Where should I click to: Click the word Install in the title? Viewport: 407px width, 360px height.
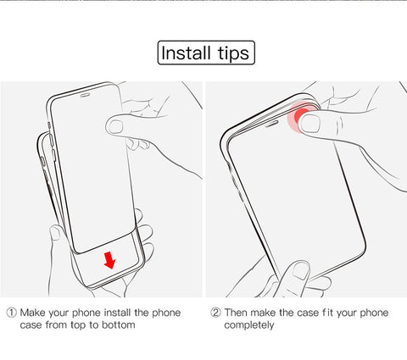pos(186,53)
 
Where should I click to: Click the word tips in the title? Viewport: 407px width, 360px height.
pos(233,53)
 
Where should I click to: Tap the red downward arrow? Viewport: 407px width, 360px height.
pos(109,260)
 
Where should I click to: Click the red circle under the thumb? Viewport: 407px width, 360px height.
pos(300,117)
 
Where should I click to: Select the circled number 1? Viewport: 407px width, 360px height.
pos(11,313)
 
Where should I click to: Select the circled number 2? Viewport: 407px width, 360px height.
pos(215,313)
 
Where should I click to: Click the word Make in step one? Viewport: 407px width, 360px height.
pos(33,313)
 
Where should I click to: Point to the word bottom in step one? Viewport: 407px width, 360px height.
pos(119,325)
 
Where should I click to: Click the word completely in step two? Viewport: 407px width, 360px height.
pos(249,325)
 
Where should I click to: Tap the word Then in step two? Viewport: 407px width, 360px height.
pos(236,313)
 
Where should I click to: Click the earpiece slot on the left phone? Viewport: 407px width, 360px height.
pos(85,95)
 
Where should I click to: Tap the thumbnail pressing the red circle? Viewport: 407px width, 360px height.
pos(310,124)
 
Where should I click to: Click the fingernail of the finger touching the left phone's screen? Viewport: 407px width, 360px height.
pos(116,127)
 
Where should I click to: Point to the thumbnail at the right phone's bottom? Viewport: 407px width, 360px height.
pos(301,270)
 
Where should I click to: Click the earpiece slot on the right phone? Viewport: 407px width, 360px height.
pos(271,123)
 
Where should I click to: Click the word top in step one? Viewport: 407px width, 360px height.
pos(78,325)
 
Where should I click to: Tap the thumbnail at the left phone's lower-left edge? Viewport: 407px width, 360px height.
pos(55,233)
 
